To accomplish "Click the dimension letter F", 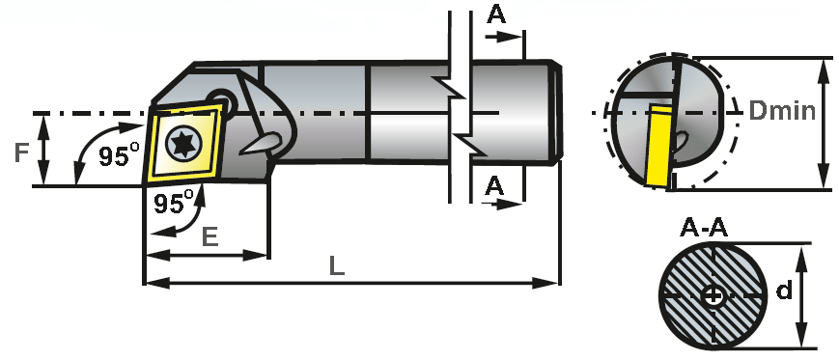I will pyautogui.click(x=20, y=152).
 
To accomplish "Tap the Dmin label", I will pyautogui.click(x=782, y=110).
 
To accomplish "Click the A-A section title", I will pyautogui.click(x=704, y=228).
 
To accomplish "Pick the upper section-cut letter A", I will pyautogui.click(x=495, y=14).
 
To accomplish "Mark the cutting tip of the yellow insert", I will pyautogui.click(x=145, y=181).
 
